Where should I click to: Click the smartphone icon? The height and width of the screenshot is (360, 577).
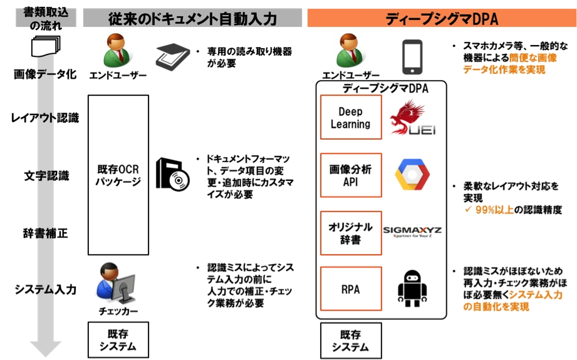[x=412, y=57]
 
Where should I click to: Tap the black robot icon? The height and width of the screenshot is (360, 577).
[x=412, y=288]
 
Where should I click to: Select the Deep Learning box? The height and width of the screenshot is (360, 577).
[x=350, y=118]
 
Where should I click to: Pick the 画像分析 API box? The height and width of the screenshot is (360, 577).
[x=350, y=175]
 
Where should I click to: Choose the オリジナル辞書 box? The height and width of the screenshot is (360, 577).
[x=350, y=233]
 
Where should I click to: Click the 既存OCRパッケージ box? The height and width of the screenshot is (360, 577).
[x=118, y=176]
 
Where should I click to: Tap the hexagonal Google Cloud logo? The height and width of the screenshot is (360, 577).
[x=412, y=175]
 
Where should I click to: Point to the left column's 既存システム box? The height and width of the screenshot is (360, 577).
[x=118, y=339]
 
